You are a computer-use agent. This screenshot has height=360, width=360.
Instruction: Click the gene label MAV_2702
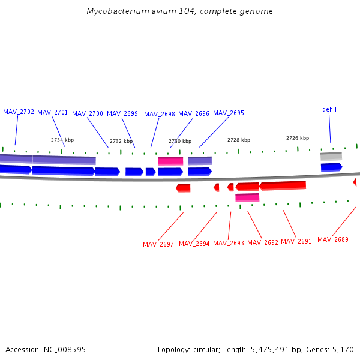coord(19,112)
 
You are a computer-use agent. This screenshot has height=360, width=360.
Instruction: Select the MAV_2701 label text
coord(53,112)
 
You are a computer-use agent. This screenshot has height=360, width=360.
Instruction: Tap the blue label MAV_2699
coord(122,113)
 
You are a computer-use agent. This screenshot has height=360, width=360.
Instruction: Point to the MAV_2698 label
coord(160,114)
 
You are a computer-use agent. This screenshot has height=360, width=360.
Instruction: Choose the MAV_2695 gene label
coord(229,113)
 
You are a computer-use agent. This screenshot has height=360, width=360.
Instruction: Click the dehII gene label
coord(329,109)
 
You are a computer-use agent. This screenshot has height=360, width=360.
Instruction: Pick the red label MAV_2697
coord(158,244)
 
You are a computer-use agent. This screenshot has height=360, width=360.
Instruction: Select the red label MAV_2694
coord(194,244)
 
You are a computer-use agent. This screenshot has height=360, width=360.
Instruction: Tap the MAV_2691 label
coord(296,241)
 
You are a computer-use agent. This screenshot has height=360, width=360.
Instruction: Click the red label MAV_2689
coord(333,239)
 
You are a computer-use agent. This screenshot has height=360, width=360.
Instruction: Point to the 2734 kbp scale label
coord(62,140)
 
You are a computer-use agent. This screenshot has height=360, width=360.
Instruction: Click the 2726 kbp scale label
coord(298,138)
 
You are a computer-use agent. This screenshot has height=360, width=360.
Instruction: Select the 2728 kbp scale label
coord(239,140)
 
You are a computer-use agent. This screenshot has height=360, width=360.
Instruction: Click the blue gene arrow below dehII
coord(331,167)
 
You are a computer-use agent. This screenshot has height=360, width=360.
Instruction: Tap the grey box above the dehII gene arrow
coord(331,156)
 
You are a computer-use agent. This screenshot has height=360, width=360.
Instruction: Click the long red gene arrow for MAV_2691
coord(283,185)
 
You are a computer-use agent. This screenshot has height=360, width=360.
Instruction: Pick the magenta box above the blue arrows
coord(170,161)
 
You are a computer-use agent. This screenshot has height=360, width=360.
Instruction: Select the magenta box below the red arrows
coord(247,197)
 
